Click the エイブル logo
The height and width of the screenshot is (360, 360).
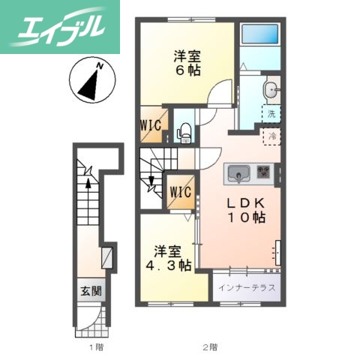point(60,27)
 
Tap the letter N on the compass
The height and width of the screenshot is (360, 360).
point(100,66)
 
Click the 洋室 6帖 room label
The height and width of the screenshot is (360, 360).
point(187,63)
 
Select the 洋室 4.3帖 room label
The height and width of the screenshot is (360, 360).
point(169,258)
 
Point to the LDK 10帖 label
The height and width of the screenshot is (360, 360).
point(246,210)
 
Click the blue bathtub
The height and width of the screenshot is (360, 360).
point(260,34)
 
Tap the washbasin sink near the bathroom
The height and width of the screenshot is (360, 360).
point(271,89)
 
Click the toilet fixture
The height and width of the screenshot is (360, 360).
point(184,133)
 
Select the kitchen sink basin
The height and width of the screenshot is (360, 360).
point(238,173)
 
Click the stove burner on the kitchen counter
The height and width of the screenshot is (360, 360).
point(264,172)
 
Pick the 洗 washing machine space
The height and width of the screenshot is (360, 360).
point(271,114)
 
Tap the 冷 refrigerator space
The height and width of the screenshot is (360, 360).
point(272,136)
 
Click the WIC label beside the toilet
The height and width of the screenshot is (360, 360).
point(150,124)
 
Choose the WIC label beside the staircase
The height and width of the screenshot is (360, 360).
point(181,192)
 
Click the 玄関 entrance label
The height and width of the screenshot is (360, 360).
point(91,291)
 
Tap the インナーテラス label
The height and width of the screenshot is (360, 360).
point(247,288)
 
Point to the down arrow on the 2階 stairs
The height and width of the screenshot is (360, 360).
point(151,181)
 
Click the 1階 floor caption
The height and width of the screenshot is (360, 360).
point(97,347)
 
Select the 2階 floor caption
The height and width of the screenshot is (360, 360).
point(210,347)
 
